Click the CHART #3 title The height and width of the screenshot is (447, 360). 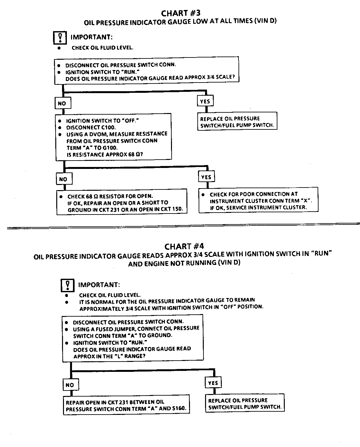181,13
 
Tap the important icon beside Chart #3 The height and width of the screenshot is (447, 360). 60,38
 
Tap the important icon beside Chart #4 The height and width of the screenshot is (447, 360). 67,285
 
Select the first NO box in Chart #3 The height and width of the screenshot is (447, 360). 62,103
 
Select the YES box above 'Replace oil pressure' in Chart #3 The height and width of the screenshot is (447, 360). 205,101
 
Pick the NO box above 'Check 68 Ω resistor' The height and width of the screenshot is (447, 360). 63,179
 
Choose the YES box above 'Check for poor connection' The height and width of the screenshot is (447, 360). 206,177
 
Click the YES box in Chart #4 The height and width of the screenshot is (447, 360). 213,383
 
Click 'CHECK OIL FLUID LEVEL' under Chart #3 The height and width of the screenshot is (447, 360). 103,48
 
